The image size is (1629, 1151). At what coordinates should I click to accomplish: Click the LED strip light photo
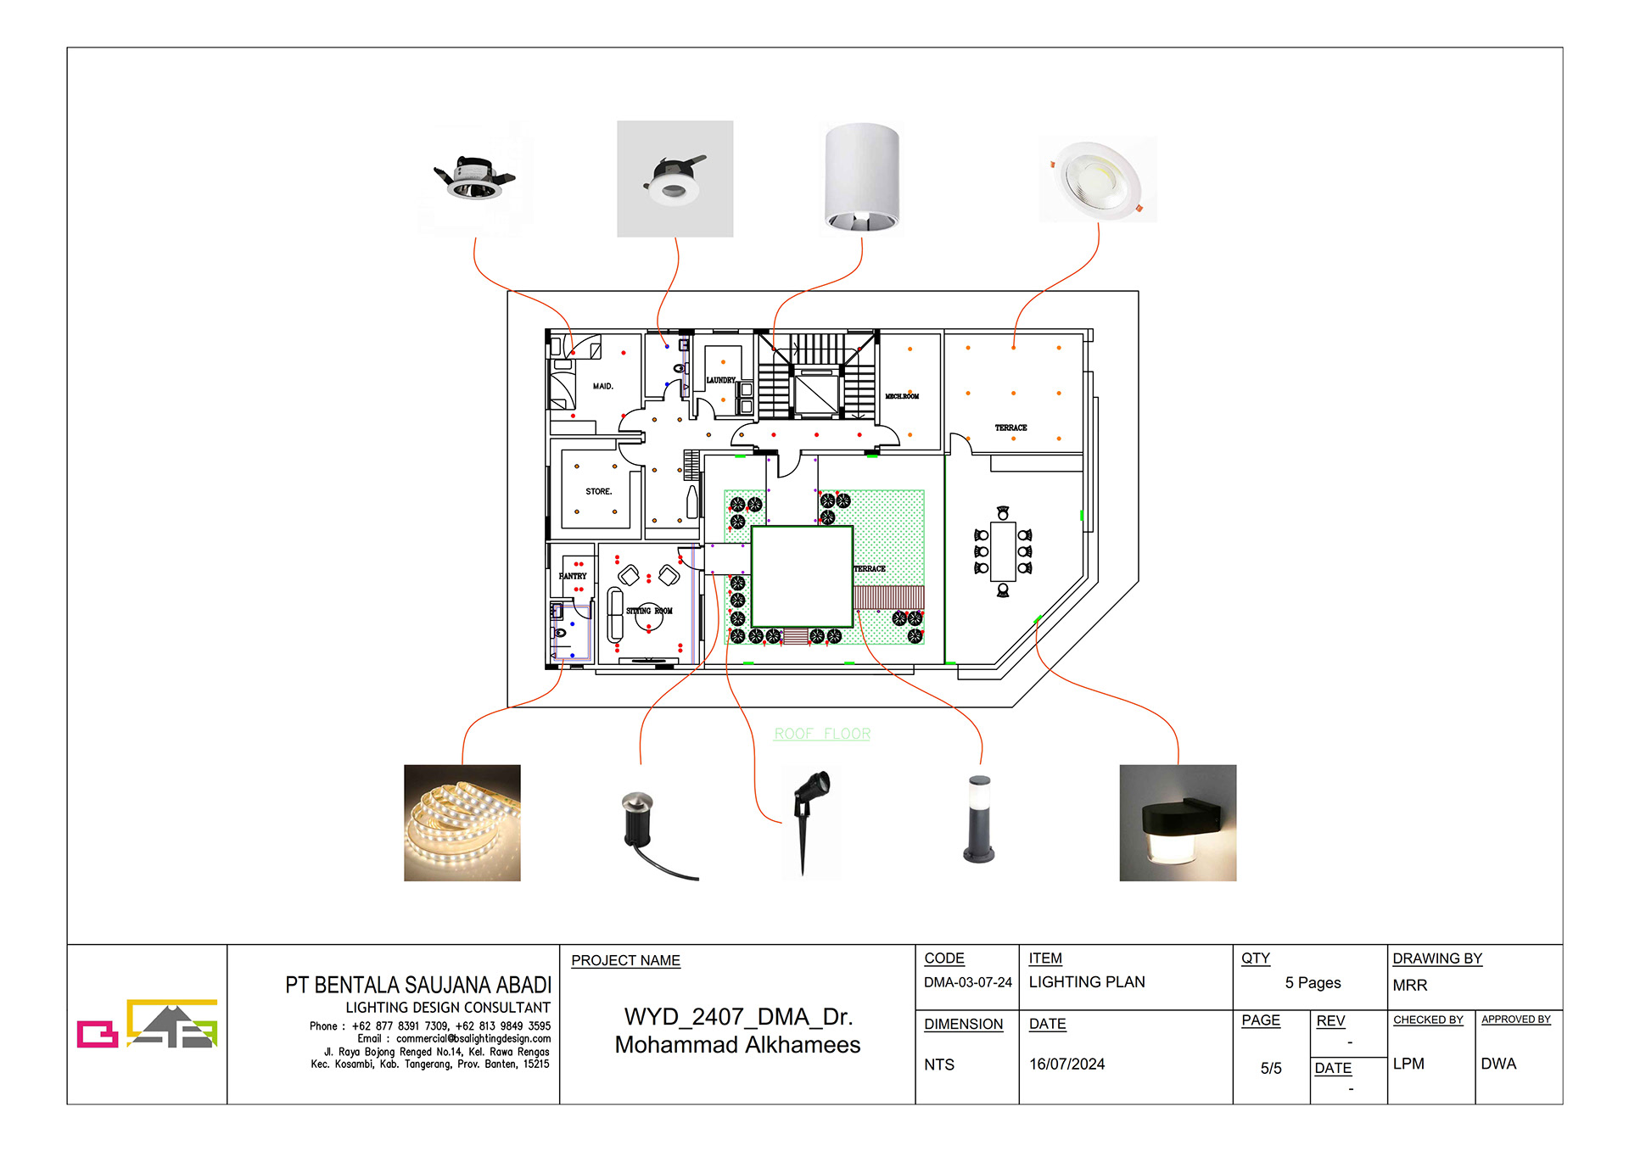pos(462,822)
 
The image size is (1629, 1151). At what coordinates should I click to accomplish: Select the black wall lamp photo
pos(1177,822)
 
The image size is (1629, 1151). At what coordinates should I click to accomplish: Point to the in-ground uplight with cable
pos(649,827)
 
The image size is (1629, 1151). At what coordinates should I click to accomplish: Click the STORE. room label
pos(598,491)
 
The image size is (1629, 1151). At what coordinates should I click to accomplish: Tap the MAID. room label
pos(602,386)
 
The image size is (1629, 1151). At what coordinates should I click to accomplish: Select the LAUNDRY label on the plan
pos(720,380)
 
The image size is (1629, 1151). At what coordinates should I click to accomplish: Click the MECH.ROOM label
pos(902,396)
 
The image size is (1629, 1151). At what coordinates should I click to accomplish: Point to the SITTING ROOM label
pos(649,611)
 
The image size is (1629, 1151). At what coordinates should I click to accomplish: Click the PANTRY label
pos(573,576)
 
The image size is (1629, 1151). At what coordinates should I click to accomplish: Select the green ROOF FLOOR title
pos(821,734)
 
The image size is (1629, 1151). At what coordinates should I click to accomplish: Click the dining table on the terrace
pos(1003,551)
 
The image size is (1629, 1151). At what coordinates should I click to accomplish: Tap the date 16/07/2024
pos(1066,1064)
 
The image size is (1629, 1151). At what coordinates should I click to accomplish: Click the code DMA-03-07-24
pos(967,982)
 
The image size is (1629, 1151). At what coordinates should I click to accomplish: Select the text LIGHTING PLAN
pos(1086,982)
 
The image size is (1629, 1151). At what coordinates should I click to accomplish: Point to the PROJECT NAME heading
pos(625,960)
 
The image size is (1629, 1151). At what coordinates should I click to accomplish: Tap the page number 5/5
pos(1270,1068)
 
